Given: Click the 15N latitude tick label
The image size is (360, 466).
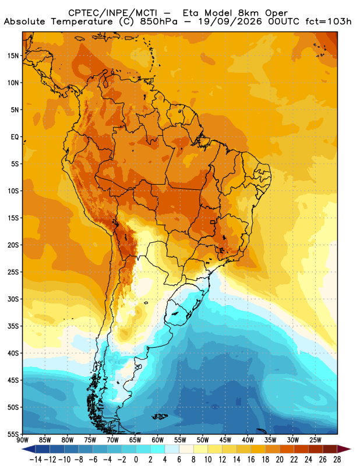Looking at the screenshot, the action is point(13,56).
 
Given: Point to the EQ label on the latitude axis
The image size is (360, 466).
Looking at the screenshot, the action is point(15,137).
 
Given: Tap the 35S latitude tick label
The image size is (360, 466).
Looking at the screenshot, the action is point(13,326).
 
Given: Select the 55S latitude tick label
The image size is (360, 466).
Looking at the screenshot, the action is point(13,435).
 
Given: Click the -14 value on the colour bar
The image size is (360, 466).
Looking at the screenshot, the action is point(36,460).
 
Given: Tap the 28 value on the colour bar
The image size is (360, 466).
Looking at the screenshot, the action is point(337,460).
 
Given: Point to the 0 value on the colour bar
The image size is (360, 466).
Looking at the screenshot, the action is point(136,460).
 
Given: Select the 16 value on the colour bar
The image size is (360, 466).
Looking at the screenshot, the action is point(251,460).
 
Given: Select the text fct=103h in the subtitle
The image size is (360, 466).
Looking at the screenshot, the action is point(329,22).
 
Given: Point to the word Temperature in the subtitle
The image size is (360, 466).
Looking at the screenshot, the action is point(82,22).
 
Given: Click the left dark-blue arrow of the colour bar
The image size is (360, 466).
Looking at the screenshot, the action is point(28,449).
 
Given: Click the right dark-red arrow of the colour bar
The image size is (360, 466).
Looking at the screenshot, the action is point(344,449).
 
